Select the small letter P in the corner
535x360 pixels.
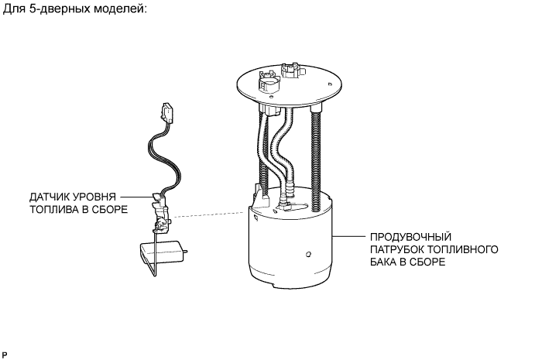(5, 353)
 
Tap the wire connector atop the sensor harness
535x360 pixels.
(167, 112)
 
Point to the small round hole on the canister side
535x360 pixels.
(308, 253)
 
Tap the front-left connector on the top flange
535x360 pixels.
(266, 82)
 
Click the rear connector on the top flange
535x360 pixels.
(292, 69)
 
